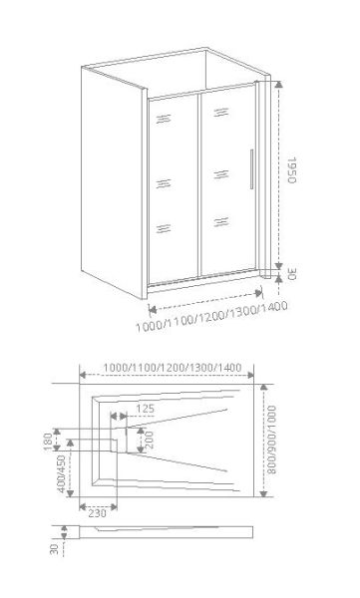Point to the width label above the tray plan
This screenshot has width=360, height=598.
pos(171,369)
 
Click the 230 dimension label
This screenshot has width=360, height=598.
pos(97,514)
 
